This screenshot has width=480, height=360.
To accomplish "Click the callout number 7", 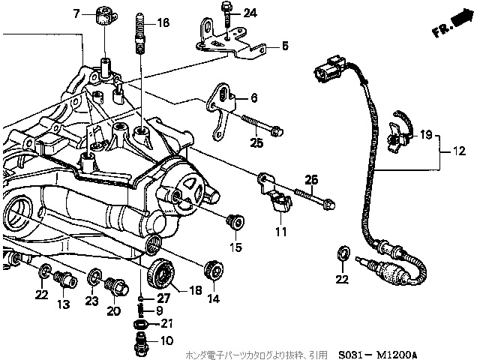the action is (x=76, y=13).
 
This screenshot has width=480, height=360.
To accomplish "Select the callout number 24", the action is (x=250, y=13).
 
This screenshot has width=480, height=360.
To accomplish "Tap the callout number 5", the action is (x=285, y=46).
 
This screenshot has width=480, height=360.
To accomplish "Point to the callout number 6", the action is (x=254, y=98).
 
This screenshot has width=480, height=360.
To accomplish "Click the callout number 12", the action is (x=458, y=151).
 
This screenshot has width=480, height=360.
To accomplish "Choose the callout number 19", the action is (x=425, y=135).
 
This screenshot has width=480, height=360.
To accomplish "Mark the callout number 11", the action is (x=281, y=232).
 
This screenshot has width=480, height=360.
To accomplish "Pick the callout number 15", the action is (x=235, y=247).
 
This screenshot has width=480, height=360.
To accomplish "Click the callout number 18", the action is (x=196, y=290).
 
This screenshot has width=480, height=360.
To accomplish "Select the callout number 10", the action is (x=166, y=340).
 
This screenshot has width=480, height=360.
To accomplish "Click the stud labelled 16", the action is (x=139, y=33).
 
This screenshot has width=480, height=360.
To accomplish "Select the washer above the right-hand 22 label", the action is (x=343, y=253).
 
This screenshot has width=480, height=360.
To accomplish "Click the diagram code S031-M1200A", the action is (x=377, y=355).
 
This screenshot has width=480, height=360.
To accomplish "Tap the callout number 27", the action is (x=163, y=298).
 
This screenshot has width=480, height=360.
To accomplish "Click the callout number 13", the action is (x=63, y=304).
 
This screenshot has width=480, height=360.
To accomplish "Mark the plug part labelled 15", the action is (x=235, y=222).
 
